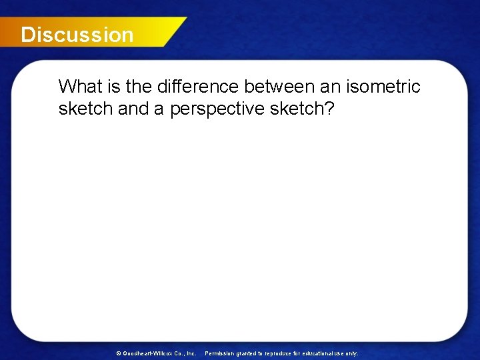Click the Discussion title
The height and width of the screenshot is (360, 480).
77,35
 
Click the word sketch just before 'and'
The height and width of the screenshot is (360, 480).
85,109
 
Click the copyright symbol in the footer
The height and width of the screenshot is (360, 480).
119,353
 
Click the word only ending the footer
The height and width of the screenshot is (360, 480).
352,353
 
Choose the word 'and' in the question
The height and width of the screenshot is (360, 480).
133,109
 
